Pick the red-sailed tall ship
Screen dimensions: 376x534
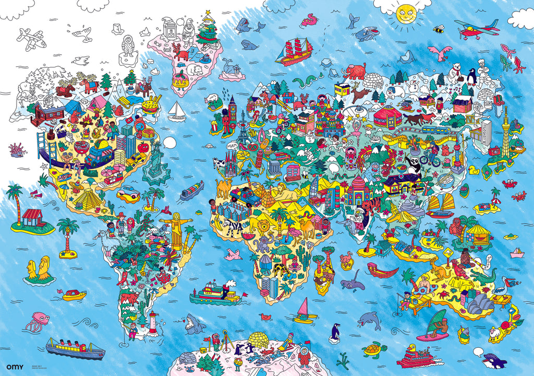pyautogui.click(x=295, y=51)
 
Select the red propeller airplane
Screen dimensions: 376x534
pyautogui.click(x=476, y=28)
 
